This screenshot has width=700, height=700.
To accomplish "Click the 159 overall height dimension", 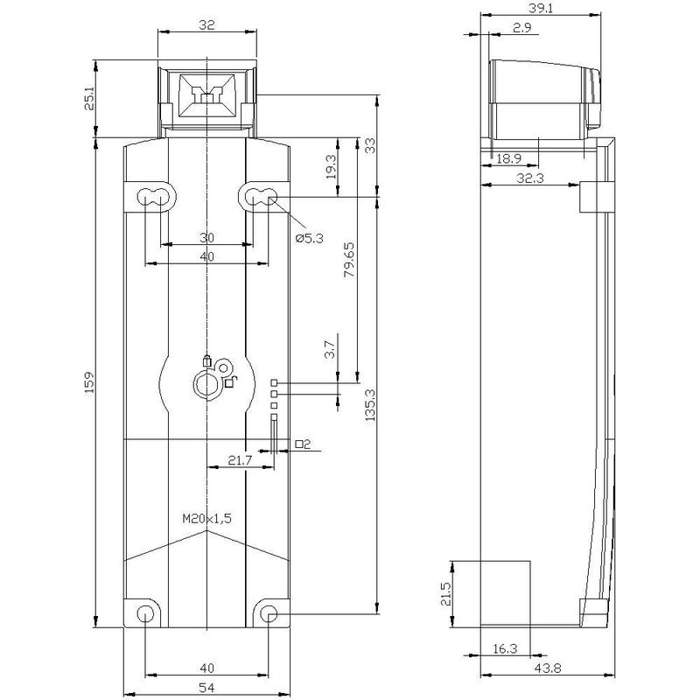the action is tap(90, 382).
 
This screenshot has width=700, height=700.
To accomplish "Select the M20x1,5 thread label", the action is tap(207, 518).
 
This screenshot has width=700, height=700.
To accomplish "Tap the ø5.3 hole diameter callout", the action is tap(310, 238).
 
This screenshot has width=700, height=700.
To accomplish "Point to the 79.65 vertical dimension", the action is tap(349, 260).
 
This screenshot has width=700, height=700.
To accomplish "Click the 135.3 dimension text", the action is tap(370, 406).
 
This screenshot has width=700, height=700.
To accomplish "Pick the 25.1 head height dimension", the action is tap(90, 99).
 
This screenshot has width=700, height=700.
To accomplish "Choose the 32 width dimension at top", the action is tap(206, 25).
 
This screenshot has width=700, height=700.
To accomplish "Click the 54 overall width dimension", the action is tap(206, 688).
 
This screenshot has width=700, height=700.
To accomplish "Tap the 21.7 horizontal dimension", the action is tap(240, 460).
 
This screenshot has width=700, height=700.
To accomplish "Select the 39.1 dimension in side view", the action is tap(541, 8).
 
